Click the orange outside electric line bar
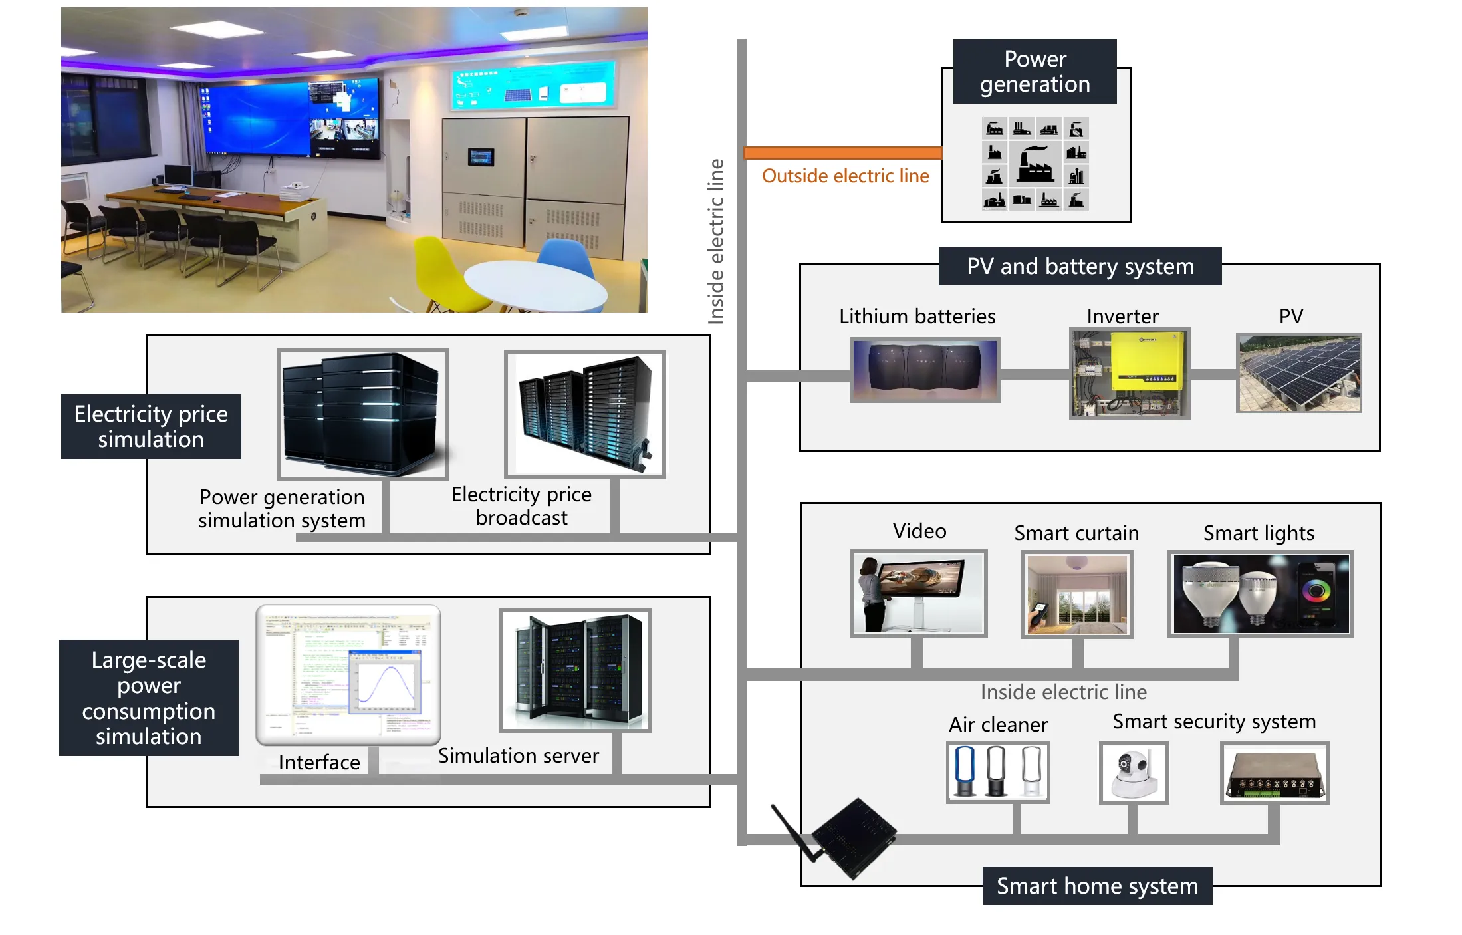pyautogui.click(x=842, y=153)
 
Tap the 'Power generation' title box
pyautogui.click(x=1035, y=72)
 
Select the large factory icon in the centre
pyautogui.click(x=1035, y=164)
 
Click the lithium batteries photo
pyautogui.click(x=925, y=369)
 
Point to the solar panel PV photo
pyautogui.click(x=1299, y=373)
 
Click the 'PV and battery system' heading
pyautogui.click(x=1080, y=266)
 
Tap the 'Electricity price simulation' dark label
pyautogui.click(x=151, y=426)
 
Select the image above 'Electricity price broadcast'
pyautogui.click(x=585, y=414)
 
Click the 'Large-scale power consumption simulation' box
pyautogui.click(x=149, y=698)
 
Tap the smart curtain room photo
pyautogui.click(x=1077, y=594)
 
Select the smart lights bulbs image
pyautogui.click(x=1261, y=594)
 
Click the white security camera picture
pyautogui.click(x=1134, y=773)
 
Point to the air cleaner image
pyautogui.click(x=998, y=772)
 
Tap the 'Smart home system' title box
pyautogui.click(x=1097, y=886)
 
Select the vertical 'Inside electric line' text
pyautogui.click(x=715, y=241)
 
